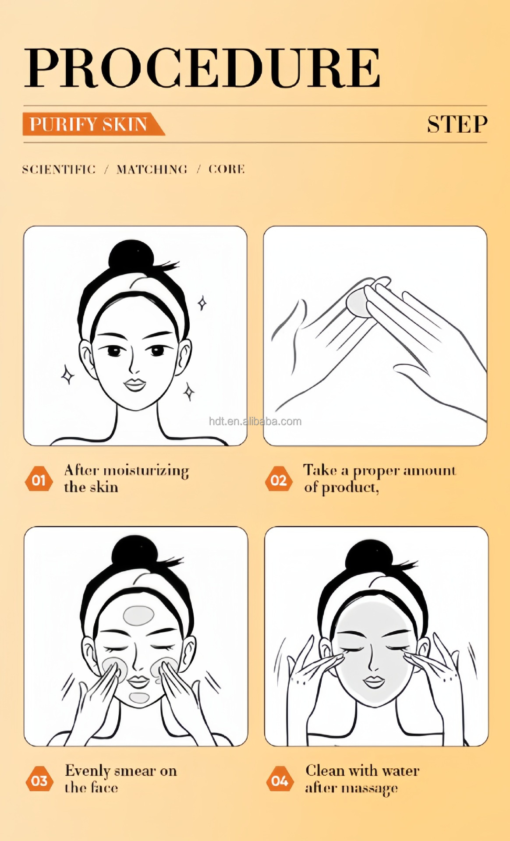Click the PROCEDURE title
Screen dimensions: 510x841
(x=202, y=67)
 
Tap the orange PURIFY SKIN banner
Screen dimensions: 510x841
(x=94, y=124)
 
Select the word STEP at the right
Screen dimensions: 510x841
(x=457, y=124)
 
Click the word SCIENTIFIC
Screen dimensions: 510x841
(x=59, y=170)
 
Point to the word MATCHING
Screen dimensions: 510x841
(x=152, y=170)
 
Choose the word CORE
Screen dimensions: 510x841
(x=227, y=169)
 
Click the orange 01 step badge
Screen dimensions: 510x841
(x=39, y=480)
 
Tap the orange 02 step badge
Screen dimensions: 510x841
(x=278, y=480)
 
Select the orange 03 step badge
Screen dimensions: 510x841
(x=39, y=780)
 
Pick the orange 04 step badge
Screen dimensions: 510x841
(x=280, y=780)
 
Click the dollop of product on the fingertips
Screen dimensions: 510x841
(x=358, y=301)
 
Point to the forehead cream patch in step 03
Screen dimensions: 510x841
(x=138, y=615)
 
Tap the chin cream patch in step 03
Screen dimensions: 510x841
(x=139, y=697)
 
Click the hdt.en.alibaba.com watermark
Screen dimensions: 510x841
(x=255, y=421)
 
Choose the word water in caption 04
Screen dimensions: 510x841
(x=400, y=770)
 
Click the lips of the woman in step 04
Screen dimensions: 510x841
(x=374, y=682)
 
